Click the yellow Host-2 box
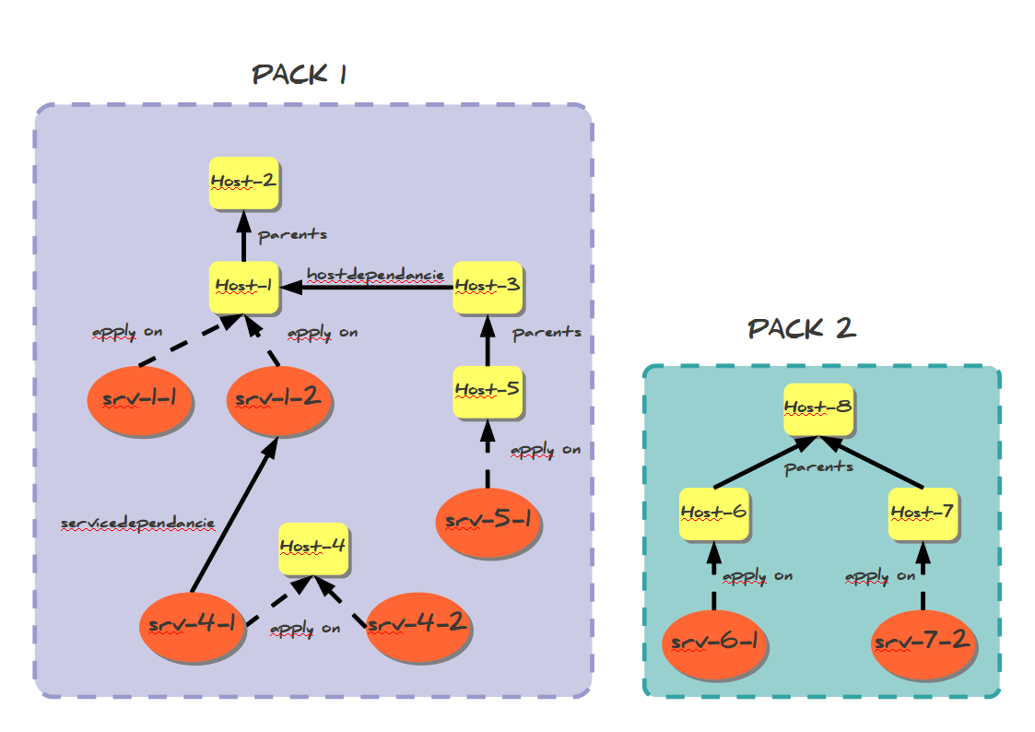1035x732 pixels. point(243,183)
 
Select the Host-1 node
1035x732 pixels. point(243,286)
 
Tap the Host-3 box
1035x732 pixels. point(488,286)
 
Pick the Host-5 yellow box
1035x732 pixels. point(488,390)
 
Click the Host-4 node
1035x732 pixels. point(312,547)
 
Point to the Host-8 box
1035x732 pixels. point(817,407)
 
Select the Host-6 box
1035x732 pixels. point(713,512)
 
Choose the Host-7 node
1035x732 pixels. point(922,512)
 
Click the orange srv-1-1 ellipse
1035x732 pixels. point(139,401)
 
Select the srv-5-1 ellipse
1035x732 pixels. point(488,521)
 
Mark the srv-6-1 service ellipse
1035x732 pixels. point(714,642)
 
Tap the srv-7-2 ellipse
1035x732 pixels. point(923,642)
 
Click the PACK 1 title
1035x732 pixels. point(300,75)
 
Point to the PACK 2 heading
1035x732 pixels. point(801,329)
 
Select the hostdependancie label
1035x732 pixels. point(375,275)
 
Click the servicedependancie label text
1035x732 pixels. point(137,524)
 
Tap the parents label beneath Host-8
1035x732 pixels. point(818,467)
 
